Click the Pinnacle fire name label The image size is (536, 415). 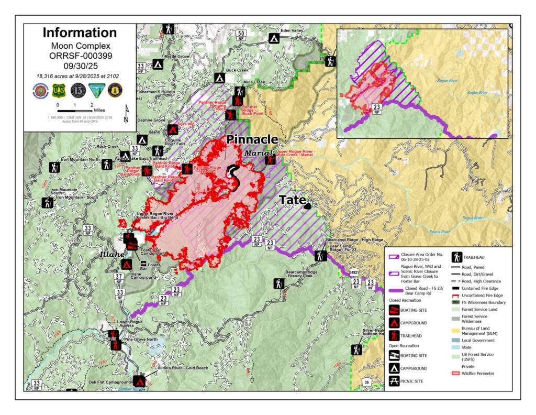point(251,139)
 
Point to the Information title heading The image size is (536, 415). point(80,32)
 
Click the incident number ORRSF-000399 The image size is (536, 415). point(80,56)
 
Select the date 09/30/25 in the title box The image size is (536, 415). point(80,67)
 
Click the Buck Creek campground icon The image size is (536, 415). point(220,78)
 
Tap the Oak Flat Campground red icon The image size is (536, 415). point(139,381)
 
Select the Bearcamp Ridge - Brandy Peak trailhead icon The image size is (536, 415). point(279,283)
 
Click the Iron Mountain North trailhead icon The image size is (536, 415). point(54,168)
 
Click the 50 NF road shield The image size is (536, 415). point(241,35)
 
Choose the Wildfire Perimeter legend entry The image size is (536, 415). point(455,374)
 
